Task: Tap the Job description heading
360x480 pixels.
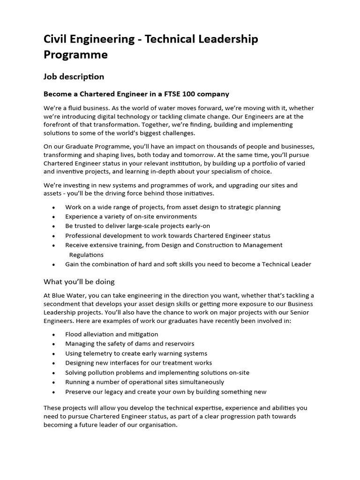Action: click(74, 76)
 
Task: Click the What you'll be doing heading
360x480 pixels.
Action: click(79, 282)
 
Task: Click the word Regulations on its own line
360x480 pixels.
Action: click(86, 255)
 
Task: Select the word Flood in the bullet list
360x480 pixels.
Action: click(74, 334)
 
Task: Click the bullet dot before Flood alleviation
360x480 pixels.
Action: click(54, 335)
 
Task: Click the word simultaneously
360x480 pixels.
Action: click(197, 382)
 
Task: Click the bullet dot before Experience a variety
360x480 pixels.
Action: click(54, 217)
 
